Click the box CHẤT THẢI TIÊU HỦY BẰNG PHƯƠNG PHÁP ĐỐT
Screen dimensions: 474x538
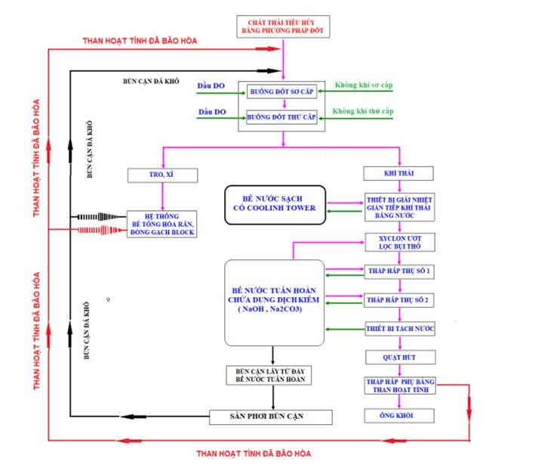point(283,26)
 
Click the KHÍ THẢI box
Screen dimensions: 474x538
point(399,174)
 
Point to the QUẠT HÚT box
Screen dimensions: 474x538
point(399,357)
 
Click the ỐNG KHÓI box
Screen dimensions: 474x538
point(399,417)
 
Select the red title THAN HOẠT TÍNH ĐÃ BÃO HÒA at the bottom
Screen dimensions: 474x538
point(254,454)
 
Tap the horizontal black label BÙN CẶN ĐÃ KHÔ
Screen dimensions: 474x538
point(151,79)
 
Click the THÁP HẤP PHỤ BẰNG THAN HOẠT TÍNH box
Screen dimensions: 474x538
point(399,385)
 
